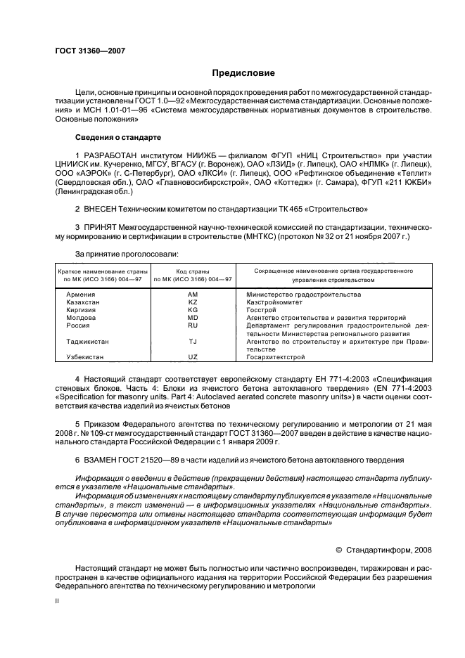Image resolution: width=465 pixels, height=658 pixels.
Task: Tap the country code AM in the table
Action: pos(193,294)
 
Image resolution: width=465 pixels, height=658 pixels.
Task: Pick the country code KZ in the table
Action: pos(193,302)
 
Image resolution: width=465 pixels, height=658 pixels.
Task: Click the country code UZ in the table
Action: pos(193,357)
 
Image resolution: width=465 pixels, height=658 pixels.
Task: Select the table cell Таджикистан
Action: pos(88,342)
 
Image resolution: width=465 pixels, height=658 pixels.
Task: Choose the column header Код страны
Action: pos(193,271)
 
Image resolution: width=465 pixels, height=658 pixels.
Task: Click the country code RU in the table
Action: pos(193,325)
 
